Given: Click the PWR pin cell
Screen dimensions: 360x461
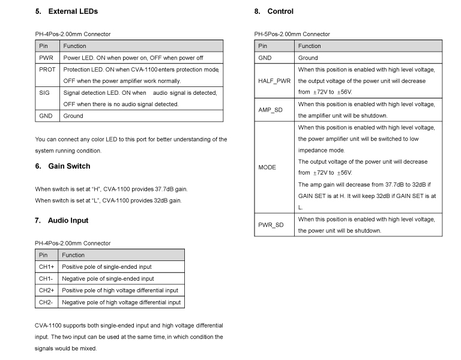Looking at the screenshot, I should (x=46, y=58).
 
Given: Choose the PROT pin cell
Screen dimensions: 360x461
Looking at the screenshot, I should (x=47, y=70).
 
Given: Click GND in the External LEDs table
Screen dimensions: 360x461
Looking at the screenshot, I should (x=47, y=116).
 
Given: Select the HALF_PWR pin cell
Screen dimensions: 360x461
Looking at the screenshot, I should (x=274, y=81).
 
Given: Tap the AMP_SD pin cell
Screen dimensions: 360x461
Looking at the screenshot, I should (x=274, y=110).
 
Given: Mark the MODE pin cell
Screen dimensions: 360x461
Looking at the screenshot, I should (x=267, y=167).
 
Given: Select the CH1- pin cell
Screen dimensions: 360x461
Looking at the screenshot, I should (x=46, y=278).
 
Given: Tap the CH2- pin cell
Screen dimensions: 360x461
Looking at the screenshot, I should (x=46, y=302).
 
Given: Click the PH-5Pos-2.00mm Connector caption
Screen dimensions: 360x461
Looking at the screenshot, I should (x=292, y=34).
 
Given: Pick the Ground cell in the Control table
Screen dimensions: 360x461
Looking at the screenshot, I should (x=308, y=58).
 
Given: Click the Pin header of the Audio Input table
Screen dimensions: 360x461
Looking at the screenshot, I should (x=43, y=255).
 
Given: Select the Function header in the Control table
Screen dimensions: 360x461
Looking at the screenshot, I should (x=310, y=46).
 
